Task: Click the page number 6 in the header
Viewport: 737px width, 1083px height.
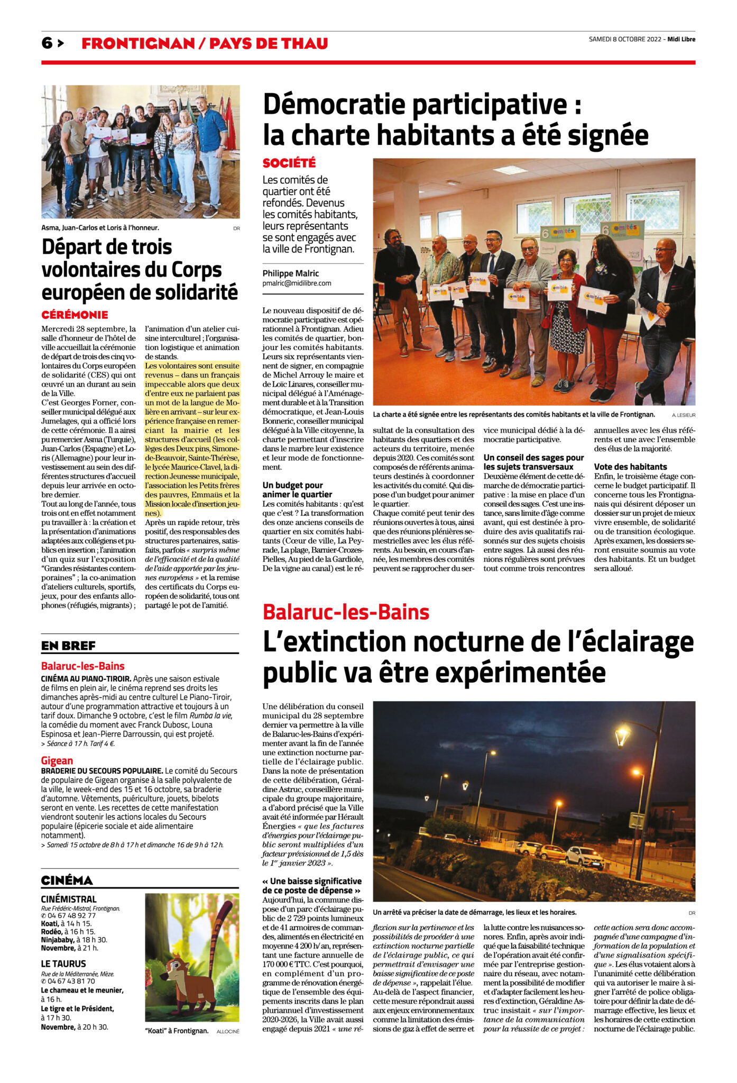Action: tap(47, 43)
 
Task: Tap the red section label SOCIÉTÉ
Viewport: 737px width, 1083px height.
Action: tap(289, 163)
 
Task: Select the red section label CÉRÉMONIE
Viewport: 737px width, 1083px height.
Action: tap(75, 315)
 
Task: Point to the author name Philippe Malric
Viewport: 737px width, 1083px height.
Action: tap(291, 273)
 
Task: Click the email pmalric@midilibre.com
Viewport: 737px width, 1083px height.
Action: tap(297, 283)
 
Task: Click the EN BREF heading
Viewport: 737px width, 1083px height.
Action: tap(68, 646)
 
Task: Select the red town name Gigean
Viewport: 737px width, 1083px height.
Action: tap(57, 760)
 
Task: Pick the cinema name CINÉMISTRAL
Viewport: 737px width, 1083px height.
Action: tap(69, 899)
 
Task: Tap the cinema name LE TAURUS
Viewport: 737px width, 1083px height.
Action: tap(63, 963)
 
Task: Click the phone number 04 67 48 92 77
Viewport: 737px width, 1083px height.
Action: tap(71, 916)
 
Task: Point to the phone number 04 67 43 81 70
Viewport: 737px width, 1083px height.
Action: tap(71, 981)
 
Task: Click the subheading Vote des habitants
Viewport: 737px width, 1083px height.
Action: tap(630, 467)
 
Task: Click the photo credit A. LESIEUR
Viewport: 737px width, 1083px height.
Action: tap(684, 415)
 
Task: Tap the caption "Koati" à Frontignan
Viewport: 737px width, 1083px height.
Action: tap(177, 1031)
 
